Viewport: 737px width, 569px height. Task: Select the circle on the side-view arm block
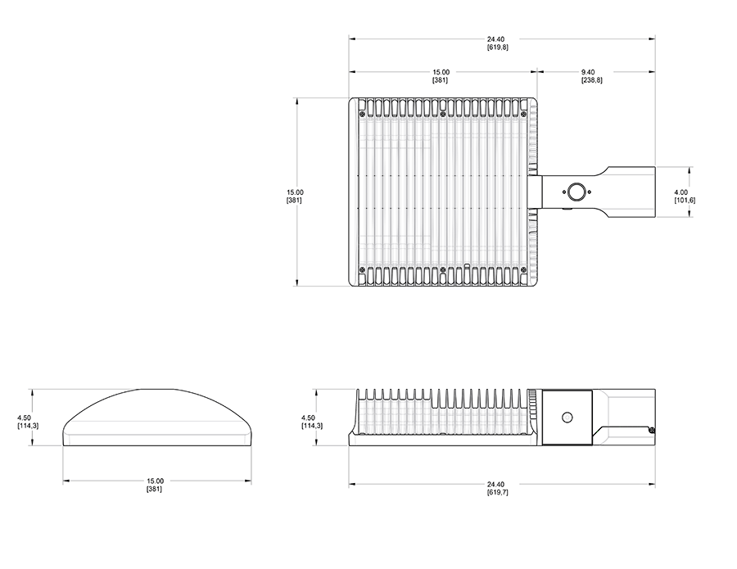click(567, 417)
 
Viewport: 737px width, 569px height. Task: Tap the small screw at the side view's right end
click(651, 429)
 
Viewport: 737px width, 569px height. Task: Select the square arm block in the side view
click(567, 417)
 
